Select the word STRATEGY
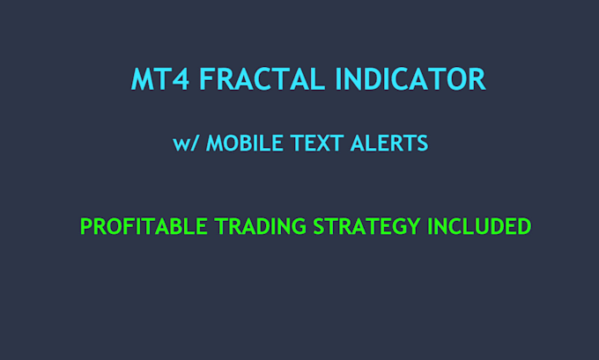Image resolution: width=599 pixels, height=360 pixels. point(367,226)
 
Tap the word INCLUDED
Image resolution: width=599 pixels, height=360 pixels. point(479,226)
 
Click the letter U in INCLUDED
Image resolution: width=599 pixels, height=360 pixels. point(481,226)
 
